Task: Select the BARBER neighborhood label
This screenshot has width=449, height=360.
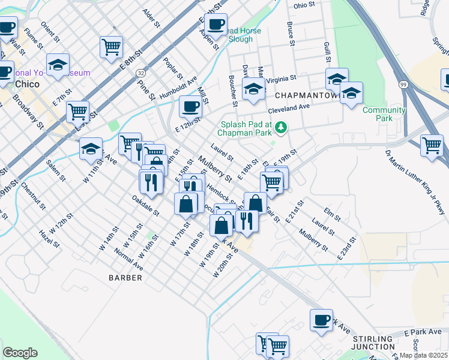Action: [x=125, y=278]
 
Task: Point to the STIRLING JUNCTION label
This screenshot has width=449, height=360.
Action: [x=373, y=343]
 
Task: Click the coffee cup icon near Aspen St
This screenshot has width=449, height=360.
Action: [x=215, y=25]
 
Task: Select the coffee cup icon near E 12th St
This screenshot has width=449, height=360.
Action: [x=190, y=106]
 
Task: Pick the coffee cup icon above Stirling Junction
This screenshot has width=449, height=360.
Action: [x=321, y=319]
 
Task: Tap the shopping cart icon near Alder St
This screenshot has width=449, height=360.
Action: [x=112, y=46]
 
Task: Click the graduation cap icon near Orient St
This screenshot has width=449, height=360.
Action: [x=58, y=65]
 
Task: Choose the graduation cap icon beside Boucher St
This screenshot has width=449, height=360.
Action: [x=253, y=89]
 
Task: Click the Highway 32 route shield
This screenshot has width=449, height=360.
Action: [x=140, y=72]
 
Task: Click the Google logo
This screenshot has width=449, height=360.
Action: [x=20, y=353]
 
